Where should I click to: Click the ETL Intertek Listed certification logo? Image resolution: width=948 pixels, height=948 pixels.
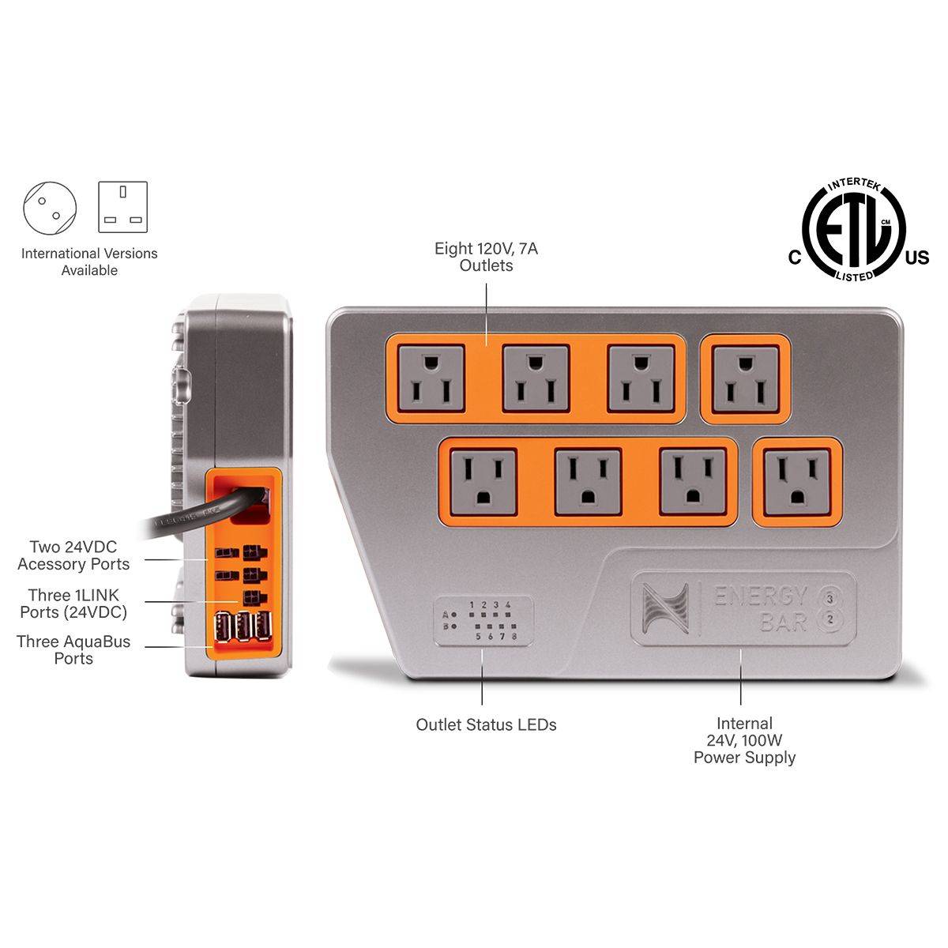[x=853, y=231]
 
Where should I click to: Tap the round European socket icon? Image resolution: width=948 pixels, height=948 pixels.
[x=50, y=208]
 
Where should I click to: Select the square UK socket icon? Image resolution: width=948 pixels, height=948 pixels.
[x=122, y=207]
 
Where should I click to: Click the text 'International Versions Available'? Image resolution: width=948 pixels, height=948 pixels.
[x=89, y=261]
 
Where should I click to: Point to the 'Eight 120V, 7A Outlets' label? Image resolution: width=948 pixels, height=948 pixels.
[x=486, y=258]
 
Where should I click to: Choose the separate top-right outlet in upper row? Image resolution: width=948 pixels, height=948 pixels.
[x=745, y=379]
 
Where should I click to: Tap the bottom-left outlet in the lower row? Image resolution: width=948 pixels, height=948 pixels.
[x=483, y=481]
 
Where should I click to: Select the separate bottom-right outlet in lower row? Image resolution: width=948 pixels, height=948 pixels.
[x=796, y=482]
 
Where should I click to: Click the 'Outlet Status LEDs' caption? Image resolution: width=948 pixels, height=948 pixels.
[x=486, y=724]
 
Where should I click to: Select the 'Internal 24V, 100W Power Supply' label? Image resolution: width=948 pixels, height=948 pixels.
[x=744, y=740]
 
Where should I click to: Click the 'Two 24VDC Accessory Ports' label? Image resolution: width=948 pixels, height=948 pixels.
[x=73, y=555]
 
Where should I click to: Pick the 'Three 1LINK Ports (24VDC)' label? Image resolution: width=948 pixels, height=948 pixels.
[x=73, y=604]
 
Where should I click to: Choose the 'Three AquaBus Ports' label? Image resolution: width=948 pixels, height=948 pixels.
[x=73, y=650]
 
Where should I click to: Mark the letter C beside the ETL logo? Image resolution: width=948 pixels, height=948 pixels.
[x=794, y=258]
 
